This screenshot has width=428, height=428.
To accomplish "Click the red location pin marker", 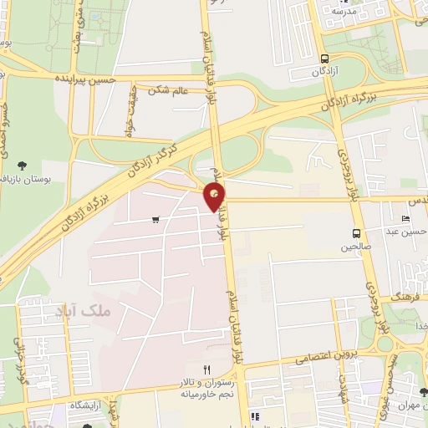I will click(215, 197).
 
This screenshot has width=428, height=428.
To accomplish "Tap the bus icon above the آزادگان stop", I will click(324, 59).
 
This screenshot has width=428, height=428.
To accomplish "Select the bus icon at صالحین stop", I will click(357, 233).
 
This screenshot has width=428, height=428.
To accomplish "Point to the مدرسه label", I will click(344, 11).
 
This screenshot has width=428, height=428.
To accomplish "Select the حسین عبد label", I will click(408, 232).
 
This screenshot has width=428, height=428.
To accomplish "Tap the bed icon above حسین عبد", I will click(406, 219).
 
